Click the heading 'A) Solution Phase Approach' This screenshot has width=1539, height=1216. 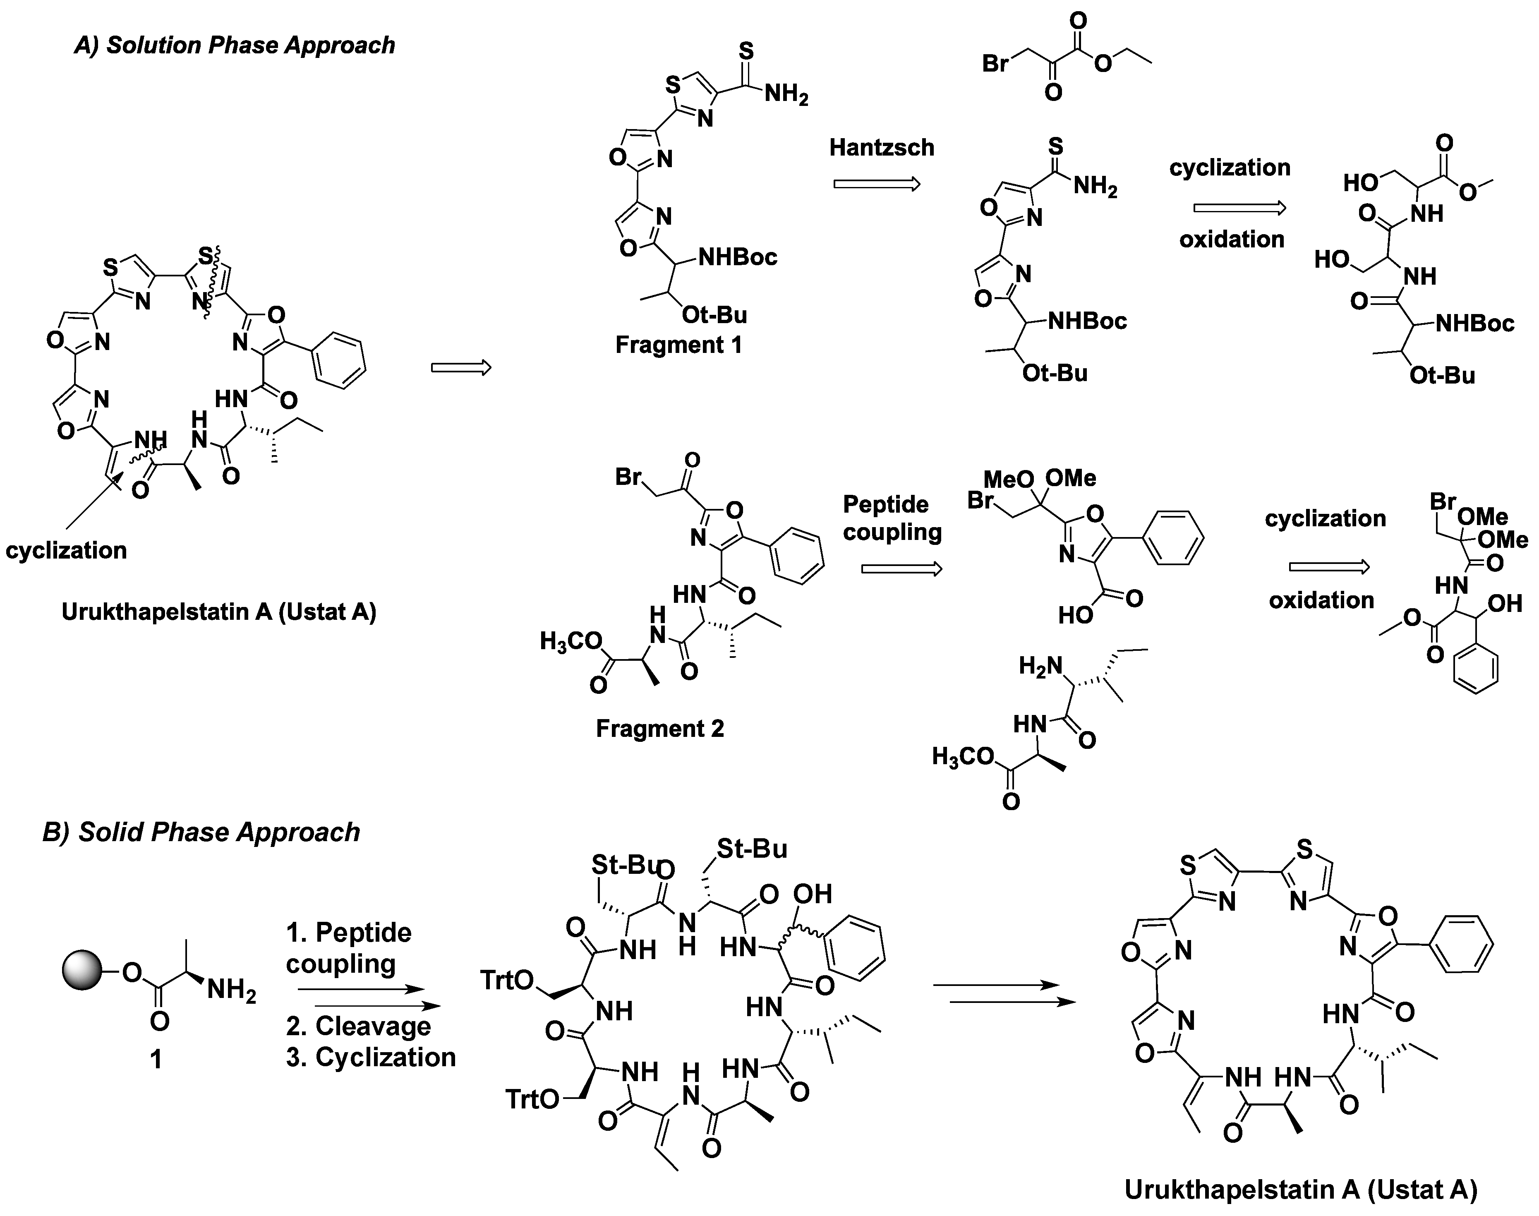235,45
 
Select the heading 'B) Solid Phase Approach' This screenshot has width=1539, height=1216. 201,832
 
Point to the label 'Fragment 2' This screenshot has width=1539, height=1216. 660,728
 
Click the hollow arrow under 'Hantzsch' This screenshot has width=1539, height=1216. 877,185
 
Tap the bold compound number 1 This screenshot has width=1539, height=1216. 156,1059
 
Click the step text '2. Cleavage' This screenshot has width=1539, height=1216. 359,1026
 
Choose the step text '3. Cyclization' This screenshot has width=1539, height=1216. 371,1057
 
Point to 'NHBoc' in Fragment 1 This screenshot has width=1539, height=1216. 738,257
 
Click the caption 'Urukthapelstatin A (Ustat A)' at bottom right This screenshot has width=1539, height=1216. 1301,1190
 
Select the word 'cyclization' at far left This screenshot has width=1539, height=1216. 66,550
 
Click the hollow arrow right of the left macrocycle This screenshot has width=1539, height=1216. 461,367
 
